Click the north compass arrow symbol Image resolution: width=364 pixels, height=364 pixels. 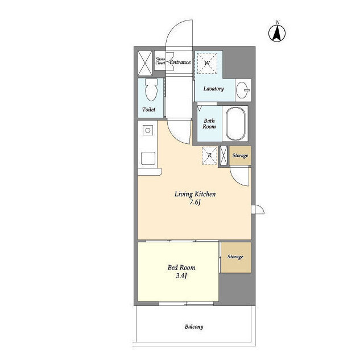tap(277, 34)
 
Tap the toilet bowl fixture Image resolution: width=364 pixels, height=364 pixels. tap(151, 90)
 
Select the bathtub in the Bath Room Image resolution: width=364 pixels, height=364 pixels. tap(235, 124)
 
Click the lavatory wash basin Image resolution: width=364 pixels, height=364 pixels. tap(243, 90)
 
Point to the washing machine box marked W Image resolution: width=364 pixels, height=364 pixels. tap(207, 63)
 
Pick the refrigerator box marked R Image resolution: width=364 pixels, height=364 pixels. tap(210, 155)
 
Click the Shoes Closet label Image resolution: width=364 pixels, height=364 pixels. tap(160, 61)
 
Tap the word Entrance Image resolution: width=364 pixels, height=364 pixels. tap(180, 62)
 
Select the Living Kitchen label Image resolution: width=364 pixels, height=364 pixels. tap(195, 194)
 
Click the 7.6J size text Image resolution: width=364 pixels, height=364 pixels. tap(195, 202)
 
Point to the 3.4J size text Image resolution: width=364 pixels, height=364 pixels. tap(181, 276)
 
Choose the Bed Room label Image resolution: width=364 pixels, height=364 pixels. tap(181, 267)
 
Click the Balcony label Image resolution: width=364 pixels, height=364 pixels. tap(194, 327)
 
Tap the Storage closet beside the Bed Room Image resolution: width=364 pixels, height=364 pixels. tap(236, 258)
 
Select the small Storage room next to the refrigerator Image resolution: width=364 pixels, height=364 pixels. tap(240, 155)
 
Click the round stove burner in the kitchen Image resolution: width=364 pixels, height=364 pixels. tap(148, 130)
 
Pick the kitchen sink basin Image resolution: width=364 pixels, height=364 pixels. tap(148, 158)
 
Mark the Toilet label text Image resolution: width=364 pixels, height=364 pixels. tap(149, 109)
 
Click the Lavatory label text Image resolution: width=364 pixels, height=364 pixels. tap(214, 89)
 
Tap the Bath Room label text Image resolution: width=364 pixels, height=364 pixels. tap(209, 123)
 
